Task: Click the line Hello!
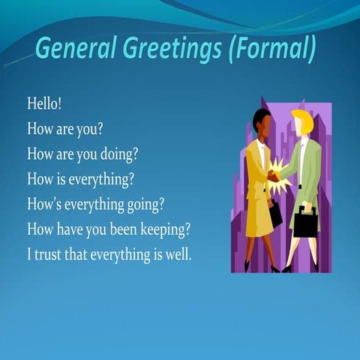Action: coord(44,103)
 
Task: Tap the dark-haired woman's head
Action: coord(262,119)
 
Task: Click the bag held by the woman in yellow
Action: coord(275,215)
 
